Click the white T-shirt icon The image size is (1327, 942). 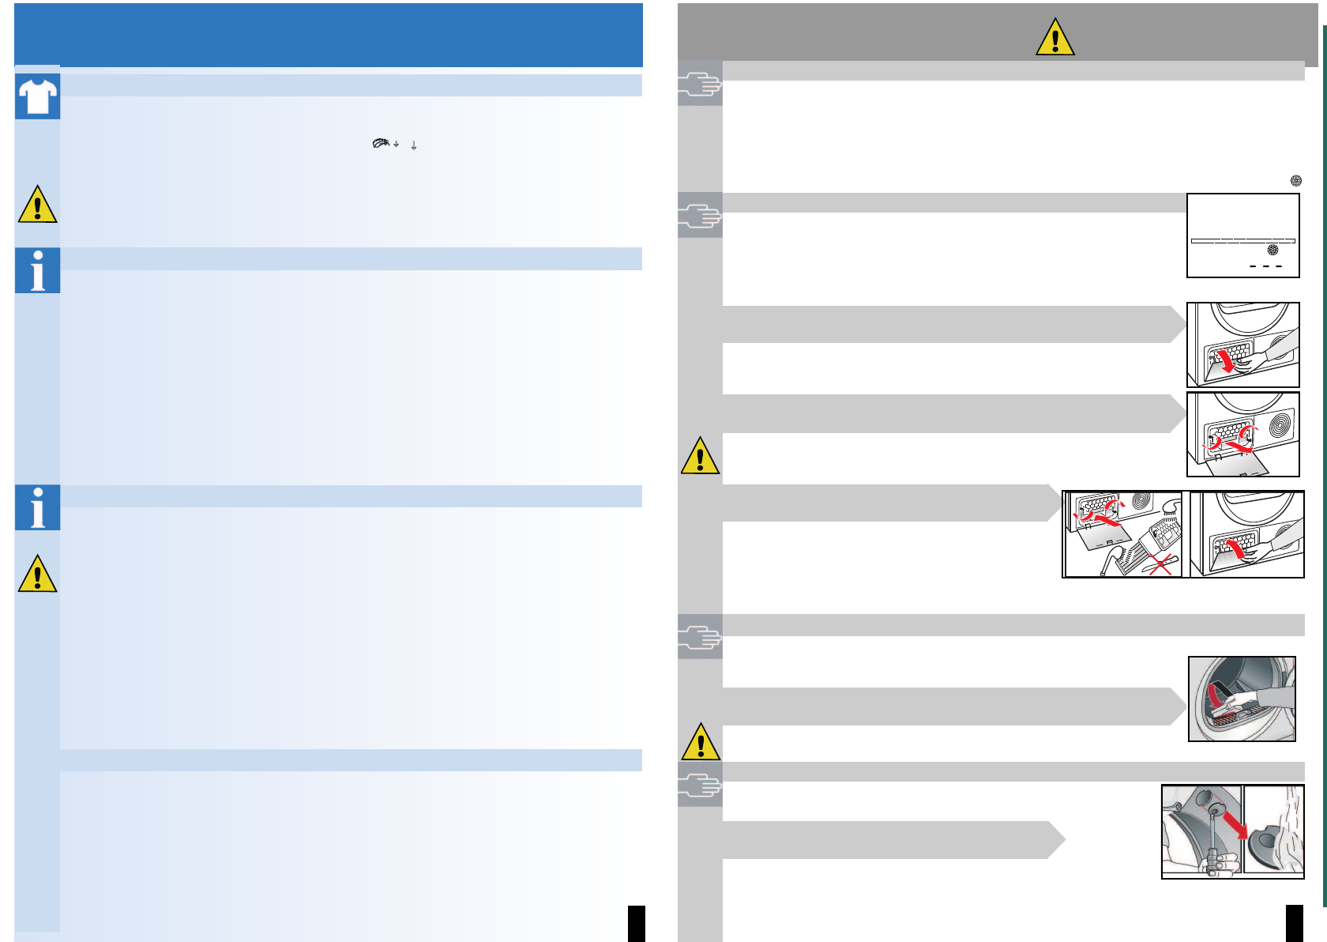(x=37, y=97)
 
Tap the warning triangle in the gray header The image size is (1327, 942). (x=1055, y=38)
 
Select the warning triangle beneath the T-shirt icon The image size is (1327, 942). (x=37, y=205)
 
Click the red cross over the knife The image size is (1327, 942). (x=1160, y=563)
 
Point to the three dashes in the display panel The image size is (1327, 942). (x=1265, y=266)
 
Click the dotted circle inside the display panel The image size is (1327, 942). (x=1272, y=250)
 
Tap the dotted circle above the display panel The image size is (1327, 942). (x=1296, y=180)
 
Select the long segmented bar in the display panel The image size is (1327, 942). (x=1242, y=240)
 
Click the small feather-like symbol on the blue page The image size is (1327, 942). (x=382, y=143)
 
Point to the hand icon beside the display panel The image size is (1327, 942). (x=700, y=215)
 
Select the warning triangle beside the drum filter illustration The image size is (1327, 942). (x=700, y=742)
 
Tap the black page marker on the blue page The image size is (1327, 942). (x=637, y=923)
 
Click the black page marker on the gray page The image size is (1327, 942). (x=1295, y=923)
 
